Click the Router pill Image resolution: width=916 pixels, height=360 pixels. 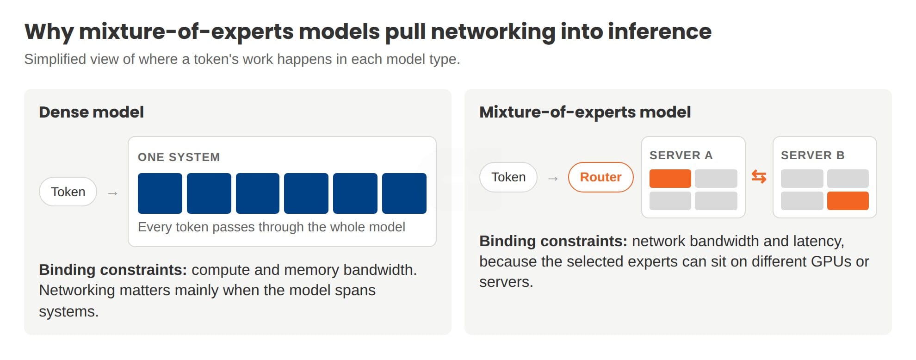tap(600, 177)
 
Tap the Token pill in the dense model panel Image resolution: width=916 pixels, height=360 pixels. tap(68, 192)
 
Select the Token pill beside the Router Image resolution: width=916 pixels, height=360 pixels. tap(508, 177)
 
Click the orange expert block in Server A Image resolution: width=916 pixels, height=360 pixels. tap(670, 179)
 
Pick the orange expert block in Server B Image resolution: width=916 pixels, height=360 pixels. tap(848, 201)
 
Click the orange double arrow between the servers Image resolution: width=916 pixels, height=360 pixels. tap(759, 177)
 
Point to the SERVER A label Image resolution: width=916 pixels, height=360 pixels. tap(681, 155)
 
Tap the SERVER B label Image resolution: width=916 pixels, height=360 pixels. tap(813, 155)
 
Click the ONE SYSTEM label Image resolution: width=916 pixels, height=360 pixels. tap(179, 157)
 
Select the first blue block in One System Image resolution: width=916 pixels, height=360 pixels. tap(160, 193)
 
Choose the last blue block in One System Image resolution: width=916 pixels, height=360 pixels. tap(404, 193)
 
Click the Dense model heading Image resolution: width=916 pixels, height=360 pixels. tap(91, 112)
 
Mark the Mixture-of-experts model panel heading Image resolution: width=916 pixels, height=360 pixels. tap(585, 112)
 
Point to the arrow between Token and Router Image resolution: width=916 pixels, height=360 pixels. tap(553, 178)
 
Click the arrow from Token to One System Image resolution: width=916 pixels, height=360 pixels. tap(112, 193)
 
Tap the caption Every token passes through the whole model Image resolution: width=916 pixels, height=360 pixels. tap(272, 227)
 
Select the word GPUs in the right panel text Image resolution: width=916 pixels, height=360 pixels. tap(831, 261)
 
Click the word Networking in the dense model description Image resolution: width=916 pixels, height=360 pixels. tap(77, 291)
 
